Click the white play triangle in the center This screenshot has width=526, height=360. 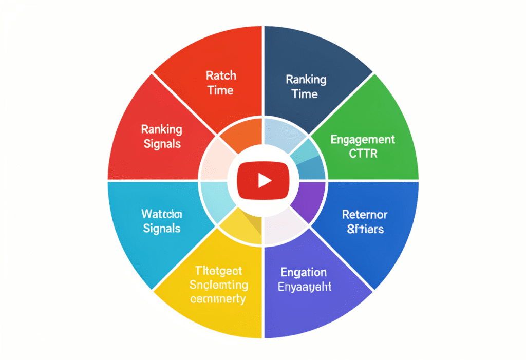coord(264,180)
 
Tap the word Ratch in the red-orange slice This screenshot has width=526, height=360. coord(221,75)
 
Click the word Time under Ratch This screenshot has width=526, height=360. coord(221,90)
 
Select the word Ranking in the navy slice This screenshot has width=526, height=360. coord(306,80)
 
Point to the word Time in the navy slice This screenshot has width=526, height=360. coord(305,94)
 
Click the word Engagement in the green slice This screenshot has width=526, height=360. coord(363,139)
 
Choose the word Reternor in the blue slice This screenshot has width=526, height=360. coord(365,214)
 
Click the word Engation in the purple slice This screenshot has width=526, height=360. coord(304,272)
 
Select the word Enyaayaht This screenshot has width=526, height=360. coord(305,287)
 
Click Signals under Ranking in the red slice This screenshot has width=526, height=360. coord(161,143)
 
